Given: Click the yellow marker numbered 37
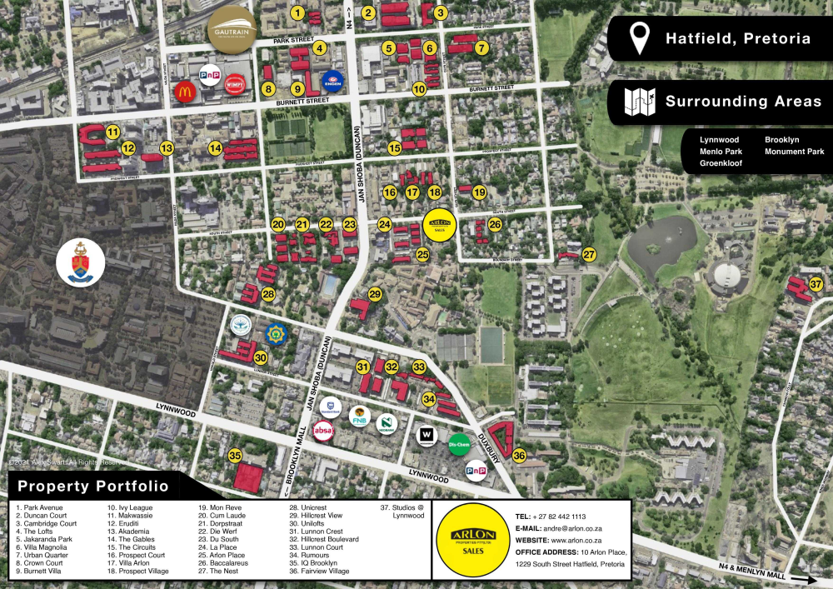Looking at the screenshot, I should (816, 285).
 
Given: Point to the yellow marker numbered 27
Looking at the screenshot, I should (590, 255).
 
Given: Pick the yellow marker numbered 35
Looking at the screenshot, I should (236, 456).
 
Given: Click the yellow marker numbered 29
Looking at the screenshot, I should (375, 294).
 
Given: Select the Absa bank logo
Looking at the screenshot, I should (324, 431).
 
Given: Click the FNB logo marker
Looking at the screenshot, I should (360, 415).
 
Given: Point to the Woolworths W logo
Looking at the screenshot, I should (426, 434).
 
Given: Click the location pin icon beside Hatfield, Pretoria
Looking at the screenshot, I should (640, 37).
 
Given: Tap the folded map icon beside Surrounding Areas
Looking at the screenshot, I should (640, 102).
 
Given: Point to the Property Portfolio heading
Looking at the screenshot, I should (92, 487).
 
